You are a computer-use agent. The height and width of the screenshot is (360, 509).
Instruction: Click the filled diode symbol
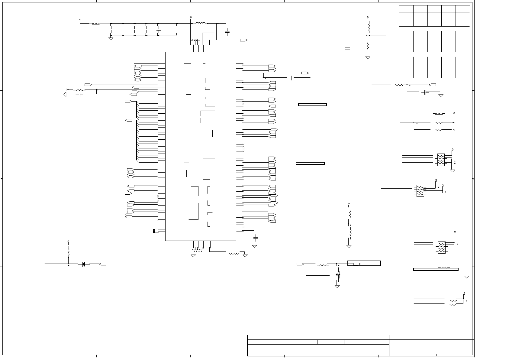[83, 264]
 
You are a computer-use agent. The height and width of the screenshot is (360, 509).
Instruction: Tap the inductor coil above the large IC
[201, 23]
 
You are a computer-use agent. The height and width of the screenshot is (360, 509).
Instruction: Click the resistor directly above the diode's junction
[69, 251]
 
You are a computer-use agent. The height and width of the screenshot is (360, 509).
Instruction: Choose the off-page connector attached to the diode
[103, 264]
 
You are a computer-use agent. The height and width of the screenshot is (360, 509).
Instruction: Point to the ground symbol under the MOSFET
[337, 286]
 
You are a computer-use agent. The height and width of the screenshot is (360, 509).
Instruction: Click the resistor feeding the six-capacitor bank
[96, 24]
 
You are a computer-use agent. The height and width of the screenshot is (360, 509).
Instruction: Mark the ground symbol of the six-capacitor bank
[111, 39]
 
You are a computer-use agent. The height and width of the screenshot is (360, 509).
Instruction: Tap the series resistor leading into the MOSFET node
[323, 265]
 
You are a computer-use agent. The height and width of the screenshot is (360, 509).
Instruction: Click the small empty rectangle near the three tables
[347, 48]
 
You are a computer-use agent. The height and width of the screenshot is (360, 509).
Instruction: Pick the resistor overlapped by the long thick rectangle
[443, 268]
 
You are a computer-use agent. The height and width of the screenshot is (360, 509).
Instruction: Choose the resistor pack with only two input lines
[441, 247]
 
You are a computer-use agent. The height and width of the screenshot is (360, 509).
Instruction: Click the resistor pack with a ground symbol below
[441, 160]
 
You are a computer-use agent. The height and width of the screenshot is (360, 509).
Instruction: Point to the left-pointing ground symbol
[65, 95]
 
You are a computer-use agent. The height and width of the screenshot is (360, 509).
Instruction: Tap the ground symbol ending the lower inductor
[245, 255]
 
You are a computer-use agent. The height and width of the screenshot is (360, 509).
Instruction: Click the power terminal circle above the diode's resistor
[69, 241]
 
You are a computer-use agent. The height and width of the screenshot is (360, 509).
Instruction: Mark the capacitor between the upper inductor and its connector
[227, 31]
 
